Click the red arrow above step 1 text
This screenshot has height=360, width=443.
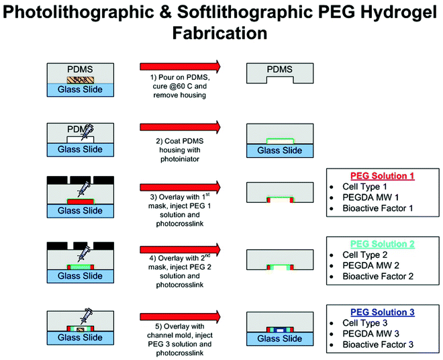coord(180,66)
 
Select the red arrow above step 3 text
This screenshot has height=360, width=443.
coord(180,186)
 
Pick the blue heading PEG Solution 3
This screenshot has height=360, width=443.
coord(380,312)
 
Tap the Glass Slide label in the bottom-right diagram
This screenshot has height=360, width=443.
coord(281,339)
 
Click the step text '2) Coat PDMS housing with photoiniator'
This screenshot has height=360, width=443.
coord(180,146)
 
